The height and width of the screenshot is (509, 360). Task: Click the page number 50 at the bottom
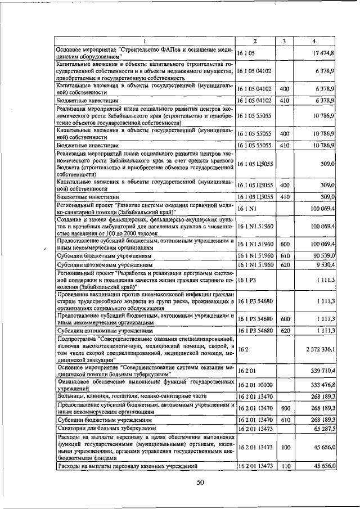(201, 481)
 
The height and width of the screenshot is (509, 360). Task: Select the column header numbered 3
(285, 40)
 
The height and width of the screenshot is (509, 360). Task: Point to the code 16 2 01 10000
(255, 385)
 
